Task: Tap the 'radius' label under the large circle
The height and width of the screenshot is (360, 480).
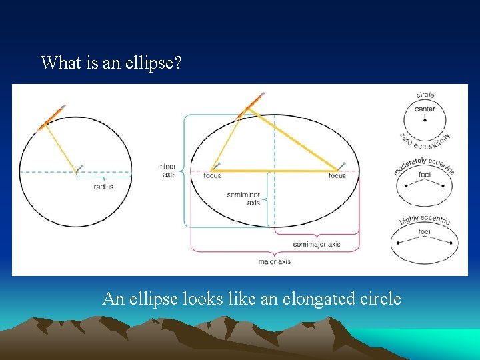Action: tap(103, 187)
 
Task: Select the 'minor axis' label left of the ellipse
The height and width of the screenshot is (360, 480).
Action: tap(167, 171)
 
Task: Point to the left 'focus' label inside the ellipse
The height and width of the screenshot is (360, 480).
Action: tap(212, 176)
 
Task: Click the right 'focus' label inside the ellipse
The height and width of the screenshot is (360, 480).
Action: tap(337, 176)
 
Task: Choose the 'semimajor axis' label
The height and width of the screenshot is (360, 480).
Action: tap(317, 244)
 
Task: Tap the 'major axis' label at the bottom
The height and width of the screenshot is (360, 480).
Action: tap(274, 261)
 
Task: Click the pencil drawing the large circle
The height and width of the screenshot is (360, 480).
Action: tap(53, 117)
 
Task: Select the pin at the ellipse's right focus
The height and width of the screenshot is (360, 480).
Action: tap(342, 165)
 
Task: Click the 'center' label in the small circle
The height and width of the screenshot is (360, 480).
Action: tap(425, 109)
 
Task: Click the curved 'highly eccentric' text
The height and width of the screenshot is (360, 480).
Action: tap(425, 219)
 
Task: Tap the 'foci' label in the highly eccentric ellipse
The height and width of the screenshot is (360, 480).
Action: tap(425, 231)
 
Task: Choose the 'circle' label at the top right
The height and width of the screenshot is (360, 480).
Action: tap(425, 95)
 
